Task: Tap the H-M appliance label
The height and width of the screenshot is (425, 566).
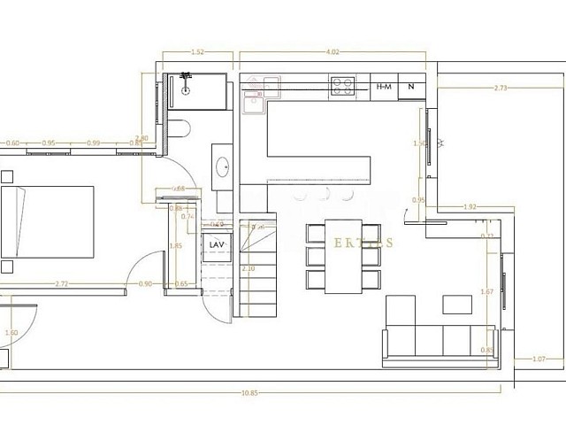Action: point(384,87)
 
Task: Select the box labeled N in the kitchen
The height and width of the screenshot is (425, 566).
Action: point(411,87)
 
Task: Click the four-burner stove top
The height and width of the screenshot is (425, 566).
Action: point(343,86)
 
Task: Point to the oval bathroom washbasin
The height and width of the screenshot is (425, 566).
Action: point(223,165)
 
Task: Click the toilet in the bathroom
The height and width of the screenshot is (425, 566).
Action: point(180,129)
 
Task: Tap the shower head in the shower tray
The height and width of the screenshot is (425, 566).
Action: point(187,87)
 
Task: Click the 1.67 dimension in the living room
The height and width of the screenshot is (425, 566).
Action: point(485,292)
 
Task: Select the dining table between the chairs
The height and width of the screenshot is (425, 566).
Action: point(342,255)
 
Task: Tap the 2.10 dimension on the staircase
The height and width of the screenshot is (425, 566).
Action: point(248,268)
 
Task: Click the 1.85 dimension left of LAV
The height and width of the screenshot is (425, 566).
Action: point(175,246)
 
